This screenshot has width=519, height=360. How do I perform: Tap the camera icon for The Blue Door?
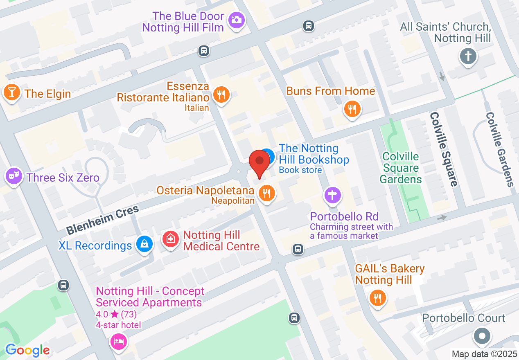coord(237,20)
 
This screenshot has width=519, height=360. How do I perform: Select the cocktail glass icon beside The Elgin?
coord(11,92)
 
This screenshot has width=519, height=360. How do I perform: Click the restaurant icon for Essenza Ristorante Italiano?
coord(221,94)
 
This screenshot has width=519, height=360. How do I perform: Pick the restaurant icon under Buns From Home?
coord(352,109)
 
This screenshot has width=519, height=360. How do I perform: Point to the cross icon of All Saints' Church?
coord(468,56)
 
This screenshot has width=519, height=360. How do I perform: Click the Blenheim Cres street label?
coord(103,220)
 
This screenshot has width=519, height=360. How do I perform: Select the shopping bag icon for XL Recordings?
coord(144,244)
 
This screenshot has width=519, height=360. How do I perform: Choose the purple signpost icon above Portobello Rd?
coord(333,195)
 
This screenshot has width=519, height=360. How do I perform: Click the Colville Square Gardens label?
coord(400,168)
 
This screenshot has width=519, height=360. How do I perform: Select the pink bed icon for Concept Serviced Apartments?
coord(118,341)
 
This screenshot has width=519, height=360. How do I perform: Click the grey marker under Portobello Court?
coord(482,336)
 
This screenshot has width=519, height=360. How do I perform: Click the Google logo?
coord(27,351)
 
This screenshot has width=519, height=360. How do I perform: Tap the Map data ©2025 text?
coord(484,354)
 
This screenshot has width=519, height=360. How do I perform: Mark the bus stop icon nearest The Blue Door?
coord(203,51)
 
